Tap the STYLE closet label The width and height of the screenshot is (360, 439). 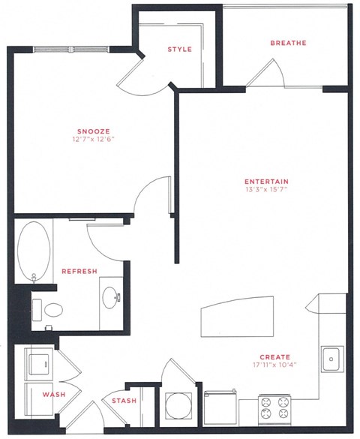pyautogui.click(x=179, y=50)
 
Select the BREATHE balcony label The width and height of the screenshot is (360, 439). pyautogui.click(x=288, y=44)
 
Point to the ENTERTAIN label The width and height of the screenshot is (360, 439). pyautogui.click(x=267, y=181)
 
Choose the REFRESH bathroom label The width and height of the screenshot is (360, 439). pyautogui.click(x=79, y=272)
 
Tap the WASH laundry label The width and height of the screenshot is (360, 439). pyautogui.click(x=51, y=394)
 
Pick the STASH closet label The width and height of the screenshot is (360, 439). pyautogui.click(x=124, y=401)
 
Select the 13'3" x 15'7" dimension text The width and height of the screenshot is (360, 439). pyautogui.click(x=267, y=190)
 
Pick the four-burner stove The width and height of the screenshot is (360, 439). pyautogui.click(x=274, y=409)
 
